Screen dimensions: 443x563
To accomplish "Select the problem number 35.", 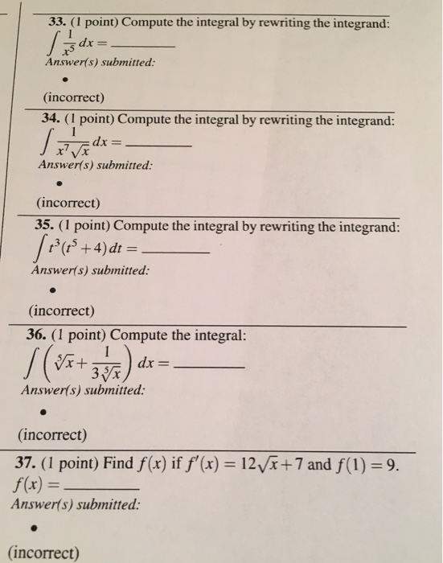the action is (x=43, y=227).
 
